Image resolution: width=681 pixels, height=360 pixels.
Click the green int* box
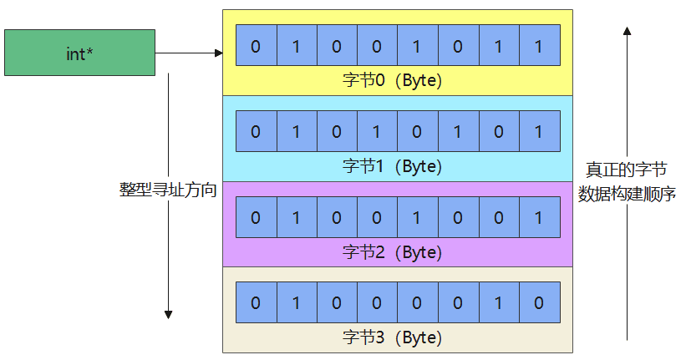point(79,53)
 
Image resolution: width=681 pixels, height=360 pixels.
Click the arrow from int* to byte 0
point(189,53)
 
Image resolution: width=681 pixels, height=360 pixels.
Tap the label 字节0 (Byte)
point(392,80)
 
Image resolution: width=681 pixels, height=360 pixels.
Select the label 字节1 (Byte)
point(392,166)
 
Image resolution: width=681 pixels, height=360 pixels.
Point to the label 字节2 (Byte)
point(392,251)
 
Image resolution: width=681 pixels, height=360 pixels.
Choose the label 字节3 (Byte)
point(392,337)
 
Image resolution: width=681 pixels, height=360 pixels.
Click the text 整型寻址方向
point(168,190)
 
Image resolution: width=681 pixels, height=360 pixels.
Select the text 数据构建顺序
point(626,195)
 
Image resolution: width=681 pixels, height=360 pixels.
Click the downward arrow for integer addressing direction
point(168,251)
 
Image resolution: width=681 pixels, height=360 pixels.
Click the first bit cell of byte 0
point(256,46)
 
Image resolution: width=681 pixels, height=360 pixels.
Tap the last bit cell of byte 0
point(538,46)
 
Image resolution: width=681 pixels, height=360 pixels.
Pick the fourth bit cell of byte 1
point(377,131)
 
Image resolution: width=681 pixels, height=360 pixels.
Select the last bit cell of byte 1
point(538,131)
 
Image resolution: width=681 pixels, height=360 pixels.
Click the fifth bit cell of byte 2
point(417,217)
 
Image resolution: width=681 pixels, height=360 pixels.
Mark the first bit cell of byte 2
point(256,217)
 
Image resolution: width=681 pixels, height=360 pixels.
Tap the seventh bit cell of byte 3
point(498,303)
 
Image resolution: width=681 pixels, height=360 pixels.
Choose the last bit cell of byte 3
point(538,303)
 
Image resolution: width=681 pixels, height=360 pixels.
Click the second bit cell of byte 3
point(296,303)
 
